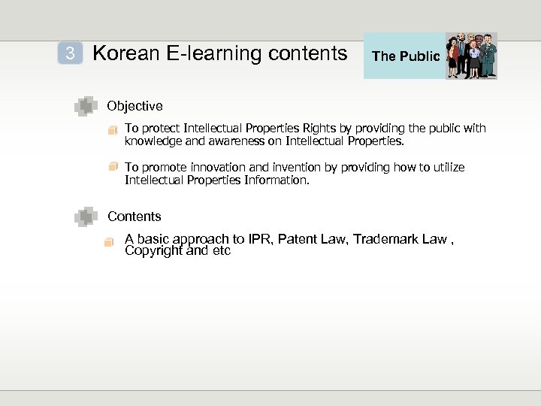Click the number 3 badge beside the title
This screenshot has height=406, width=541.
click(70, 53)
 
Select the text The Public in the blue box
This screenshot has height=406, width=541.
click(406, 56)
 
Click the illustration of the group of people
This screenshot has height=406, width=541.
click(471, 56)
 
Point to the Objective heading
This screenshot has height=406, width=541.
click(134, 106)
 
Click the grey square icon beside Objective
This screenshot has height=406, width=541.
click(86, 107)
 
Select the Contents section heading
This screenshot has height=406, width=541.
click(134, 217)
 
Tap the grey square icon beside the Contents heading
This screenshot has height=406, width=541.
click(86, 217)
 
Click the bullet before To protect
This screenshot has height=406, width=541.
click(113, 129)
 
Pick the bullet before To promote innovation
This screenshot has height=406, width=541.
click(113, 166)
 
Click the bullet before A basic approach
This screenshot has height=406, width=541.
click(110, 241)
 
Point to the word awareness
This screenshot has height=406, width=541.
click(225, 141)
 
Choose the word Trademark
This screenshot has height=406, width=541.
click(388, 240)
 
